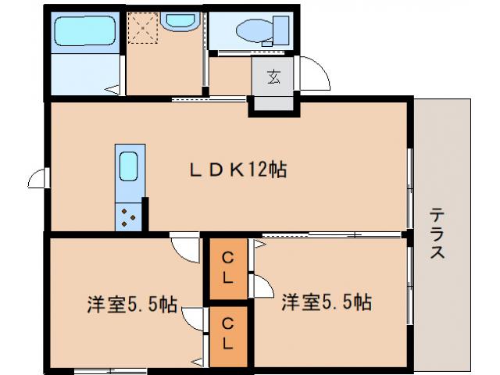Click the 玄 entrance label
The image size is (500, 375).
274,77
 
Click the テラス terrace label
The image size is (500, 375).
437,234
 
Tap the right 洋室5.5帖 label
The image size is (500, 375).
326,302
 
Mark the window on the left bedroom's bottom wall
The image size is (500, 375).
109,368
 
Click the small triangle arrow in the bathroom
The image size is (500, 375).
114,88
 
